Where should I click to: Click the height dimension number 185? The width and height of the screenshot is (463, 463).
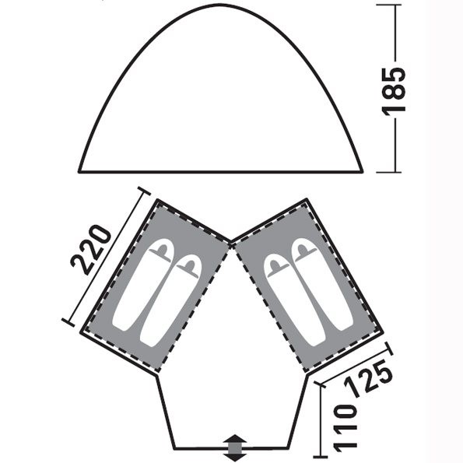pos(394,90)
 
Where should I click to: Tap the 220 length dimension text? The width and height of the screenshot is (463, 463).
pos(91,250)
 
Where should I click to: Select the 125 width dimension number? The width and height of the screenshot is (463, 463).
pos(369,378)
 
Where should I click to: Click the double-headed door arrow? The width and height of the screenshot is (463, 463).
pos(235,447)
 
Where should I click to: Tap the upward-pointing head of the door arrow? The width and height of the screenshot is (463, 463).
pos(235,438)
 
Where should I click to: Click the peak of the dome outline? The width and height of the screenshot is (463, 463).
pos(220,5)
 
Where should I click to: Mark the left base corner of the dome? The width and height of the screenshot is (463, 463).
pos(79,171)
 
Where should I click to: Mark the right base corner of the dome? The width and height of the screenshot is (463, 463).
pos(362,171)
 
